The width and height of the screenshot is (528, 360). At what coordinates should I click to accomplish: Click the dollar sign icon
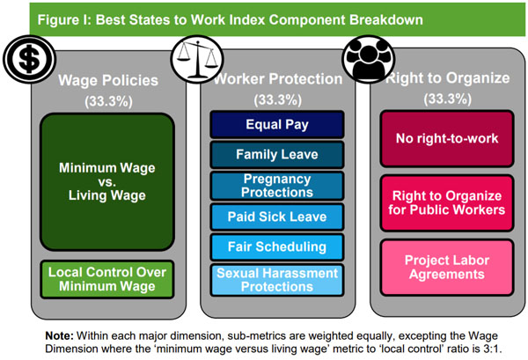tap(29, 59)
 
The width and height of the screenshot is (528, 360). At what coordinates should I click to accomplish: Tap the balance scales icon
tap(197, 59)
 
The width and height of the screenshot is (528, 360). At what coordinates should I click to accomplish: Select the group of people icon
tap(369, 59)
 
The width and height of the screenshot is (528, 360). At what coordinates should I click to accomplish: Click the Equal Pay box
tap(277, 125)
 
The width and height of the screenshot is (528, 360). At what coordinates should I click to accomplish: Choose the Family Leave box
tap(277, 155)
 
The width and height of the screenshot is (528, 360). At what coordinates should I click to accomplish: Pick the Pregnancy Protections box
tap(277, 186)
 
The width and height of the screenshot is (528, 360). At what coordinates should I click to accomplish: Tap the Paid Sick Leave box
tap(277, 217)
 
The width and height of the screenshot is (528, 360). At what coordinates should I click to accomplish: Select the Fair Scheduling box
tap(277, 246)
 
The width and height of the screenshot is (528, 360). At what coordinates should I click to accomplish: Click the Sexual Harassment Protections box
tap(277, 280)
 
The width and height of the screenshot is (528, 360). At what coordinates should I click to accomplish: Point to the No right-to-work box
tap(447, 139)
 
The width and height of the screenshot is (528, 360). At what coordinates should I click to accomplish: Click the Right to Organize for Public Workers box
tap(447, 203)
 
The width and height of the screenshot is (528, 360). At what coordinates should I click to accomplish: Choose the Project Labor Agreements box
tap(447, 268)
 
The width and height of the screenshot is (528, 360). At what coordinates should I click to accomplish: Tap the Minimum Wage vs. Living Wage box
tap(107, 182)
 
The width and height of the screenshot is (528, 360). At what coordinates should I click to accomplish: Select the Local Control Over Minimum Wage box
tap(107, 279)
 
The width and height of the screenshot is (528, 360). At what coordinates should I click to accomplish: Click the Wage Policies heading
tap(108, 81)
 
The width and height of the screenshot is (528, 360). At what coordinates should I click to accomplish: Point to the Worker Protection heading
tap(278, 79)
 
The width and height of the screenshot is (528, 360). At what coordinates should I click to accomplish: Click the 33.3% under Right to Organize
tap(448, 99)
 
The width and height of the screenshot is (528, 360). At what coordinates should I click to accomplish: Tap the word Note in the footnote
tap(59, 335)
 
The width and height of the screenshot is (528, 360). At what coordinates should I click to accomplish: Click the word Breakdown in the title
tap(386, 20)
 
